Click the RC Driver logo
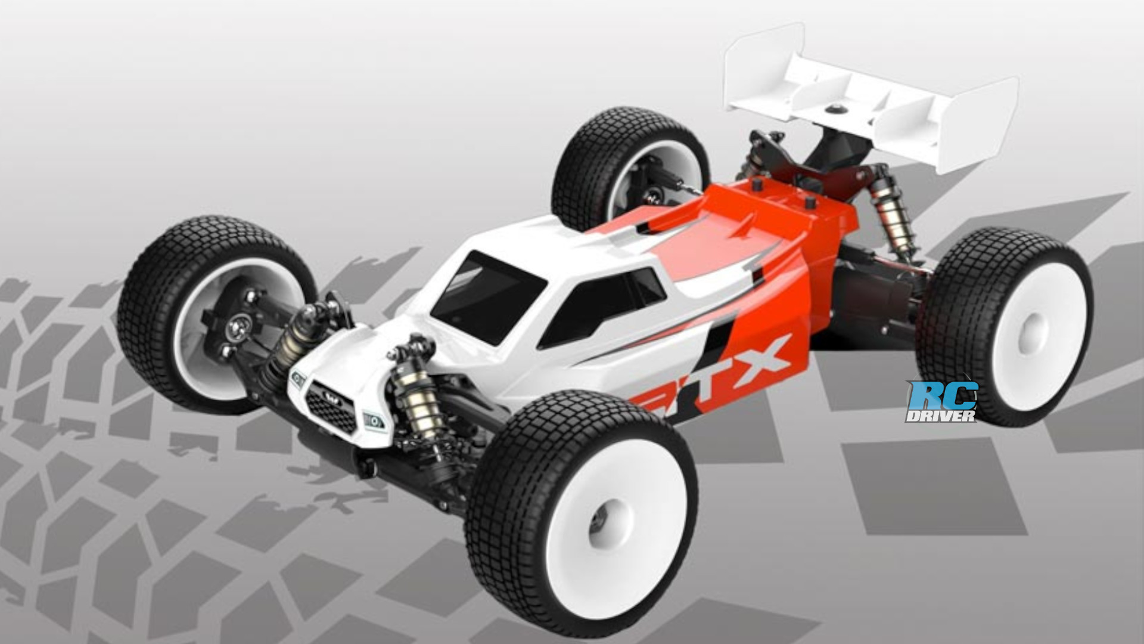click(x=941, y=401)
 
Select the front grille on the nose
click(x=331, y=408)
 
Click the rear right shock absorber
click(x=894, y=215)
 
